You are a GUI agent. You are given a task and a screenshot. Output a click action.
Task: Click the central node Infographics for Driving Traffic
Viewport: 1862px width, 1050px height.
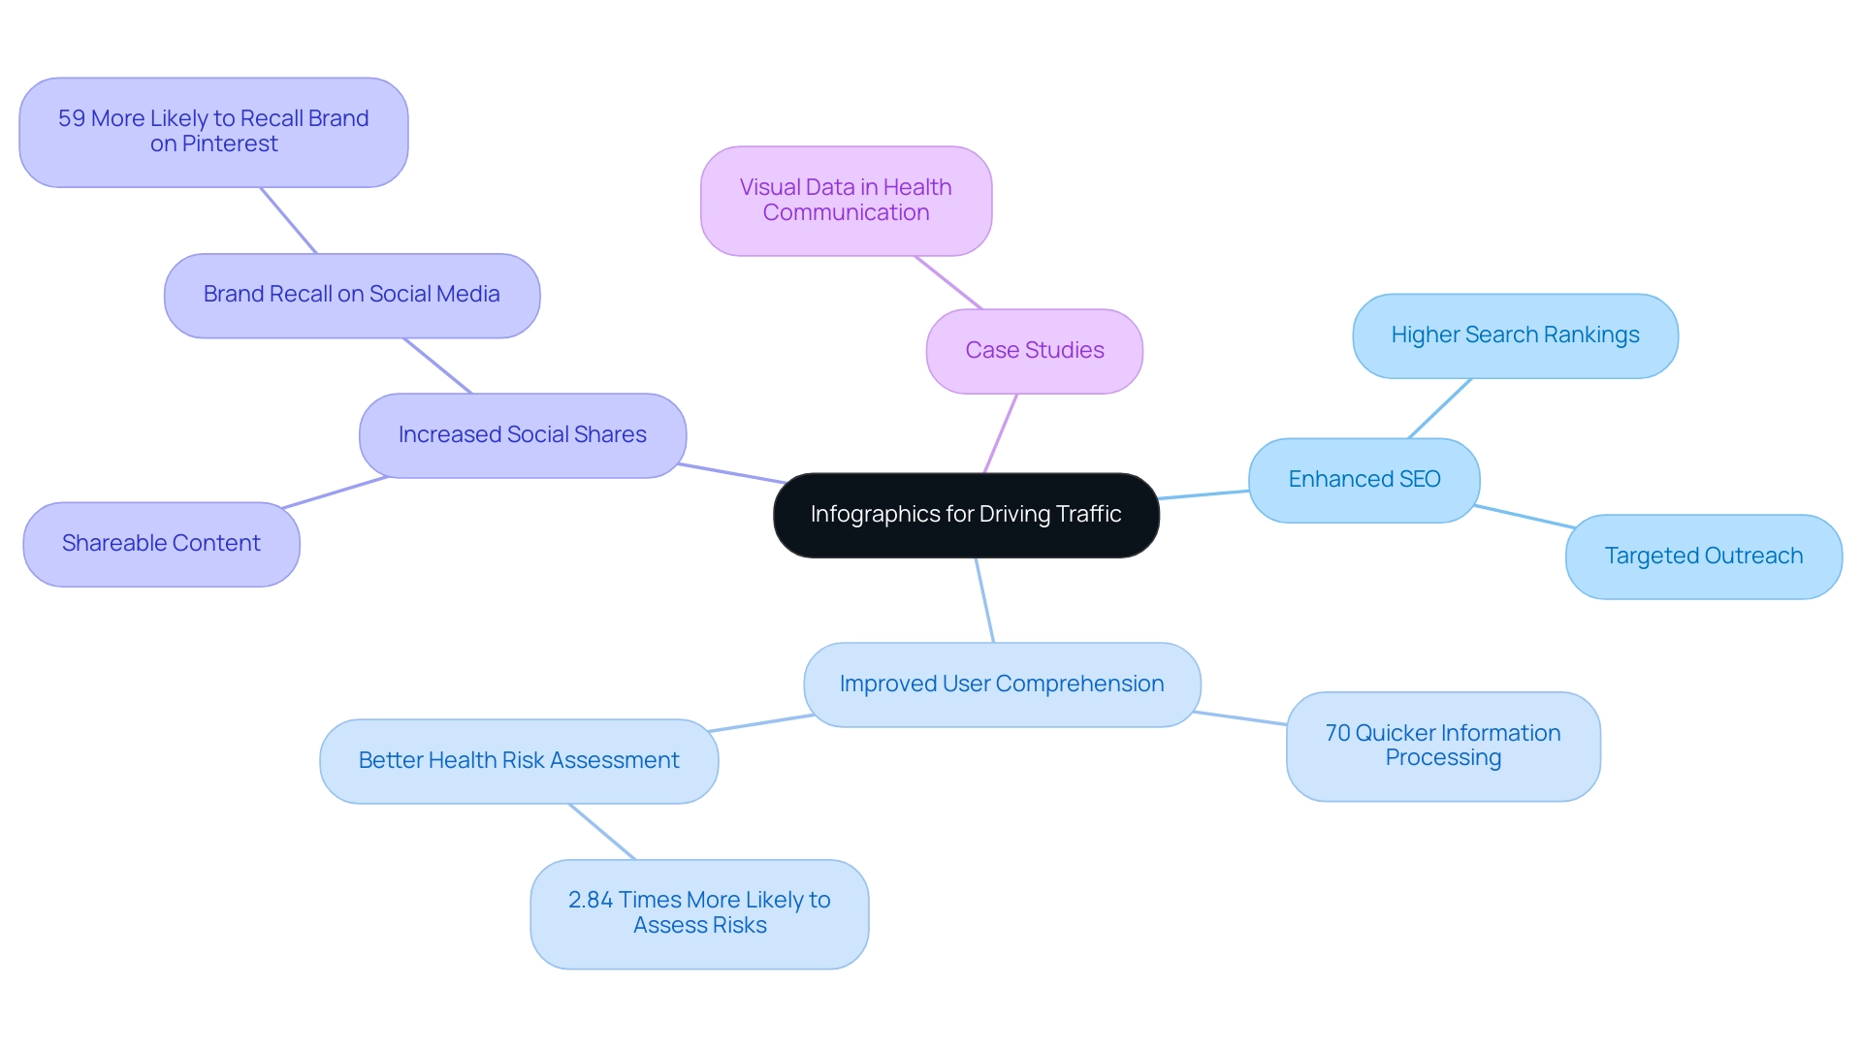tap(966, 515)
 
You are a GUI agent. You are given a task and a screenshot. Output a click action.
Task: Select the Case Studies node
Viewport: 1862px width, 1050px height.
tap(1034, 351)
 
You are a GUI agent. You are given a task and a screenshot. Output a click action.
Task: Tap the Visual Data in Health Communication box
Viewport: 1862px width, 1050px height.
tap(846, 201)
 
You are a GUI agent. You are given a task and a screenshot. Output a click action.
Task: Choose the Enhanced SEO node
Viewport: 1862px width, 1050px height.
tap(1364, 480)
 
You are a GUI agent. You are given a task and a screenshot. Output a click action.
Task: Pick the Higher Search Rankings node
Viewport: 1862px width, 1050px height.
tap(1515, 335)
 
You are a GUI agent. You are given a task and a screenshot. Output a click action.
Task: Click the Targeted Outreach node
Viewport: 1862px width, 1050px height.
tap(1703, 557)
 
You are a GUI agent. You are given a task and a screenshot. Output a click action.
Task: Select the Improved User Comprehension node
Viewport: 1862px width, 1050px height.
tap(1002, 684)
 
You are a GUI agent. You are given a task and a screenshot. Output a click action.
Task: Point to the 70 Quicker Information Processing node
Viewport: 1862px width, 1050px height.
tap(1443, 746)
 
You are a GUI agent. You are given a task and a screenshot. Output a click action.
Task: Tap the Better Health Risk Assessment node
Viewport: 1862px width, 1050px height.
tap(519, 761)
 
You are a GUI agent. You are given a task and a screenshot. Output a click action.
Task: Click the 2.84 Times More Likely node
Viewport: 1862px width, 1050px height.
tap(699, 913)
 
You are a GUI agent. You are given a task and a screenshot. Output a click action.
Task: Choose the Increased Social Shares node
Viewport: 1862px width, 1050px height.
tap(522, 435)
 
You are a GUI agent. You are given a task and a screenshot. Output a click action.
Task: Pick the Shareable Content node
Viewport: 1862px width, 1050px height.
tap(161, 544)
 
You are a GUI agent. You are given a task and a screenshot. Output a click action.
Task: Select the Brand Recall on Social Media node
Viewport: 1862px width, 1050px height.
tap(351, 295)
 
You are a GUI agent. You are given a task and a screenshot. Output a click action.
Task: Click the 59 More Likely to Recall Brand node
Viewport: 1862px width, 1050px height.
tap(213, 132)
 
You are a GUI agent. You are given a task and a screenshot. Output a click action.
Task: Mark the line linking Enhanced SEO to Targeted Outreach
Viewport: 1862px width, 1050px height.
tap(1523, 517)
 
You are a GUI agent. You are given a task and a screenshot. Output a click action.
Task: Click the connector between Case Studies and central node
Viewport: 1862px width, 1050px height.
tap(1001, 433)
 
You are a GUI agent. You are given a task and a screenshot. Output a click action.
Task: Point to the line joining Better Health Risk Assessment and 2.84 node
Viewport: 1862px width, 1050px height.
tap(602, 832)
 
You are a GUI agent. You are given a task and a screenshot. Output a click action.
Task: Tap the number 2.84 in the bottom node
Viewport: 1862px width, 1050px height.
tap(590, 901)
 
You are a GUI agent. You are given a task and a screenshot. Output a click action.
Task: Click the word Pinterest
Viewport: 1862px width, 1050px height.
tap(230, 144)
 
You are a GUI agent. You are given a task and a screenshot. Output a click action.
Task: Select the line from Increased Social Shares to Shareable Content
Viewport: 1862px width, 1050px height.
tap(335, 493)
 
